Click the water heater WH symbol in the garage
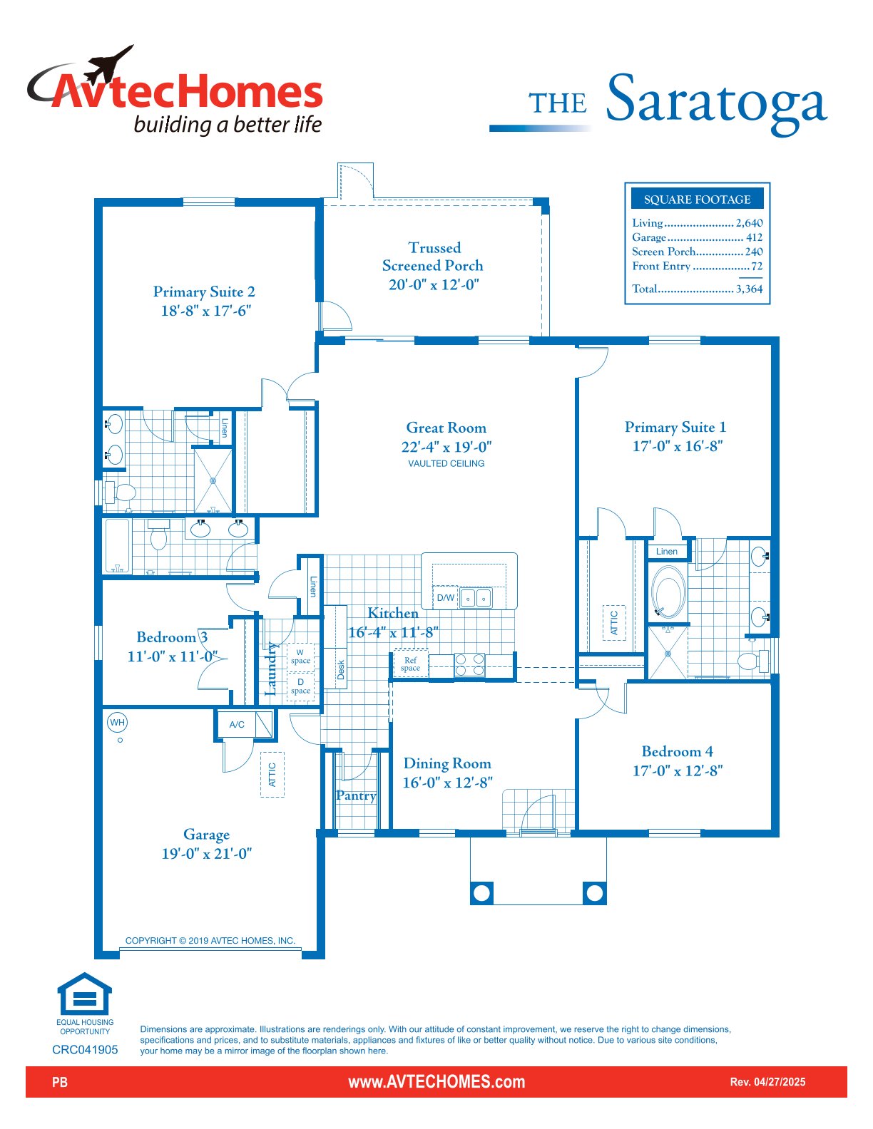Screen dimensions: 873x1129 pos(118,722)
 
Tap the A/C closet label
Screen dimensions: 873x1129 pos(237,724)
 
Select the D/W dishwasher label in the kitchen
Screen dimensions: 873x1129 pos(445,597)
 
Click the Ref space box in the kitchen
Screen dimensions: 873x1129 pos(410,664)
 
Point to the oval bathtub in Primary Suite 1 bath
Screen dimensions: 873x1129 pos(668,592)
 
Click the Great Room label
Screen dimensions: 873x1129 pos(446,428)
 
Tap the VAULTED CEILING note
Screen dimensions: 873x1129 pos(446,463)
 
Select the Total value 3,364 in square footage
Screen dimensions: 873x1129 pos(749,289)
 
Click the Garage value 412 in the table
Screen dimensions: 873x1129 pos(754,237)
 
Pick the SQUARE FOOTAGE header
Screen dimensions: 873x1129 pos(697,200)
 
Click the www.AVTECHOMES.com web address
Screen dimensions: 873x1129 pos(436,1082)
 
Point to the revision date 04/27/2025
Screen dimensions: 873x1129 pos(780,1082)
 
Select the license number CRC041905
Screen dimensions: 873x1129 pos(85,1050)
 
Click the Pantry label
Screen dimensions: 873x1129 pos(356,795)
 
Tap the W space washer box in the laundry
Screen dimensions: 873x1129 pos(300,657)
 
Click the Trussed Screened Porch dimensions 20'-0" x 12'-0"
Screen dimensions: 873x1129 pos(434,284)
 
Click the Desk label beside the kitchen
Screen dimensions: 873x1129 pos(340,669)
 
